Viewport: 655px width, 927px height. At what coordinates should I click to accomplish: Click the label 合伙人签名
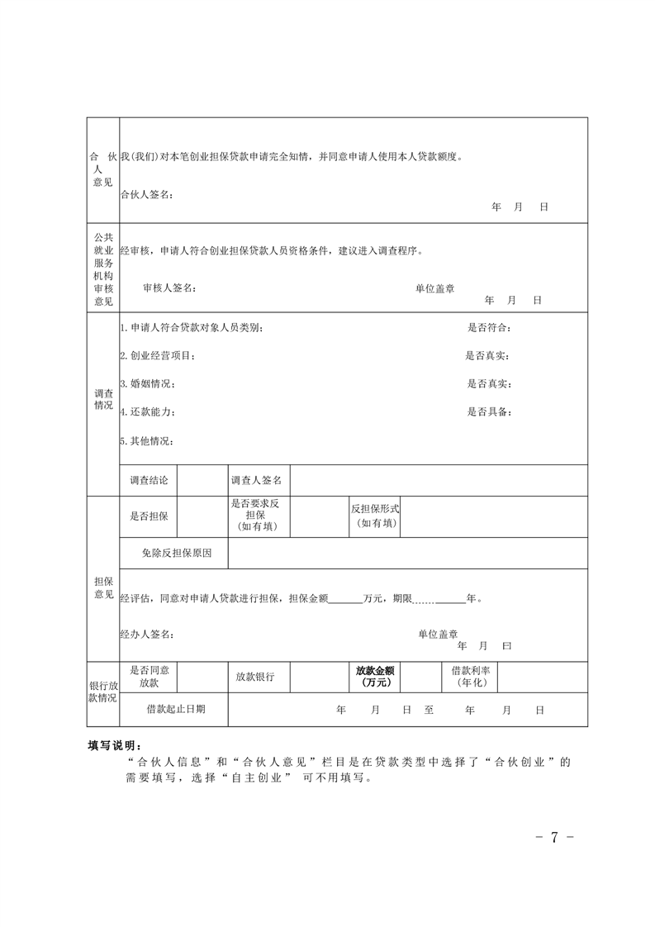pyautogui.click(x=145, y=194)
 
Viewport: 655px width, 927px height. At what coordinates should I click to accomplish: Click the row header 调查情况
pyautogui.click(x=103, y=400)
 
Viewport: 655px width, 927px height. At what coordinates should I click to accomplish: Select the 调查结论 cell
pyautogui.click(x=149, y=480)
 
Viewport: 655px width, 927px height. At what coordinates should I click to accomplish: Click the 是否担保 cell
pyautogui.click(x=149, y=516)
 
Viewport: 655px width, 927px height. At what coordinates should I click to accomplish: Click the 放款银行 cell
pyautogui.click(x=255, y=677)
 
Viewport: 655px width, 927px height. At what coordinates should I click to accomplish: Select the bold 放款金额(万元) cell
pyautogui.click(x=374, y=677)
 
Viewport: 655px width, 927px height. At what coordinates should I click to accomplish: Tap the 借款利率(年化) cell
pyautogui.click(x=470, y=677)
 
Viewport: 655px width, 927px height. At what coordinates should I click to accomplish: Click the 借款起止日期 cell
pyautogui.click(x=176, y=709)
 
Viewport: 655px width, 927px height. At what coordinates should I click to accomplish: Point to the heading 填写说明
pyautogui.click(x=116, y=744)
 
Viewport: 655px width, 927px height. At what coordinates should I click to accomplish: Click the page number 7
pyautogui.click(x=554, y=837)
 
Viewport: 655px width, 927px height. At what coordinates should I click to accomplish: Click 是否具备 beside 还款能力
pyautogui.click(x=489, y=411)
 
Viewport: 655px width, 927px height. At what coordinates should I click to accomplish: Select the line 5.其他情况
pyautogui.click(x=146, y=440)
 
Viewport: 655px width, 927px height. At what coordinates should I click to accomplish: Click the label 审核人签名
pyautogui.click(x=169, y=288)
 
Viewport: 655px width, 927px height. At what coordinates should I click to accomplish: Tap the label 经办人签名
pyautogui.click(x=146, y=634)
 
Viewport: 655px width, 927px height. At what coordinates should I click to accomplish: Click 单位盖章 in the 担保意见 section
pyautogui.click(x=438, y=634)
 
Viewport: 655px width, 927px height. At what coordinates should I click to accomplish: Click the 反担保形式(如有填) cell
pyautogui.click(x=375, y=516)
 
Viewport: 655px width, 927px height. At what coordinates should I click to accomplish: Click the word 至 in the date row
pyautogui.click(x=429, y=710)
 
